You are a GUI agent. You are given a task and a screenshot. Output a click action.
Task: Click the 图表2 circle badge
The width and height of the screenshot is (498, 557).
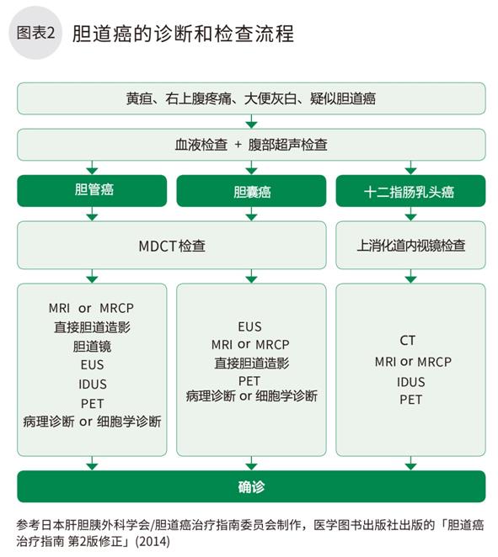coord(35,33)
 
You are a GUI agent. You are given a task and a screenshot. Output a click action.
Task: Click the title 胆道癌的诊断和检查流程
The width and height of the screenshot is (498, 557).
coord(183,34)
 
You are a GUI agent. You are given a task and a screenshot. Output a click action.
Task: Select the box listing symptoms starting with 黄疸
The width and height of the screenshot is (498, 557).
coord(251,98)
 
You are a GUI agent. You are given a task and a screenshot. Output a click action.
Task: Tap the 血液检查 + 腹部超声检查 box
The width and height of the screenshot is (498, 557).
coord(251,145)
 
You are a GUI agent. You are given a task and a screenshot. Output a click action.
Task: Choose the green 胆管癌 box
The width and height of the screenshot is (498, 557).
coord(92,191)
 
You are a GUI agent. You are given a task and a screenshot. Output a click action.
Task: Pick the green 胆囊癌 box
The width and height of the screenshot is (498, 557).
coord(251,191)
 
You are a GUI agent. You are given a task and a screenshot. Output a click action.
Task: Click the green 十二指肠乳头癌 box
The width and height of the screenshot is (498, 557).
coord(410,191)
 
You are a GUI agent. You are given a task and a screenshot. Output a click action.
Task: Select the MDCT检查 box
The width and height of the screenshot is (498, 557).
coord(171,245)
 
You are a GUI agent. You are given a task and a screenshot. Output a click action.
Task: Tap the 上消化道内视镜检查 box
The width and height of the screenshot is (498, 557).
coord(410,245)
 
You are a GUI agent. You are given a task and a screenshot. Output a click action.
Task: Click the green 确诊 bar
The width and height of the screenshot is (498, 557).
coord(251,486)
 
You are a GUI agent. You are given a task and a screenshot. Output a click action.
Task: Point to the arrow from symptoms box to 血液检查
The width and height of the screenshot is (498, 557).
coord(251,121)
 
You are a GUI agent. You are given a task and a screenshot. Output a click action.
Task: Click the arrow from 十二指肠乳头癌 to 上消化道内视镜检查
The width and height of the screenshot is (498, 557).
coord(410,214)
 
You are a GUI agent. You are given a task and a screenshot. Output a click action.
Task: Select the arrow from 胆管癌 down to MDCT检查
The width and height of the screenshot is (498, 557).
coord(92,214)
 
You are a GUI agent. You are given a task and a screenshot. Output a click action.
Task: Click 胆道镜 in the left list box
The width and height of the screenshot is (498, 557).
coord(92,347)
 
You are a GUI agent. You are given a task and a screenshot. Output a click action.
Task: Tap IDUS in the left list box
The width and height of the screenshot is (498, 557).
coord(93,384)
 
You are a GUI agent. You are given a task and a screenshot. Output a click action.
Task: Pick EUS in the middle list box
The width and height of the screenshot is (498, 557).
coord(249,326)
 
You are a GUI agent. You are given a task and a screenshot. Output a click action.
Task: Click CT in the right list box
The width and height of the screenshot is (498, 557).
coord(407,340)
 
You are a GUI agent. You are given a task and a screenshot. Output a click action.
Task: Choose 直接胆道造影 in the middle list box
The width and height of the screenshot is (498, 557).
coord(251,363)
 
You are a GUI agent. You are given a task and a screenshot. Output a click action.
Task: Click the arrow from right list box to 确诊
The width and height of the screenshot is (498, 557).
coord(410,464)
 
